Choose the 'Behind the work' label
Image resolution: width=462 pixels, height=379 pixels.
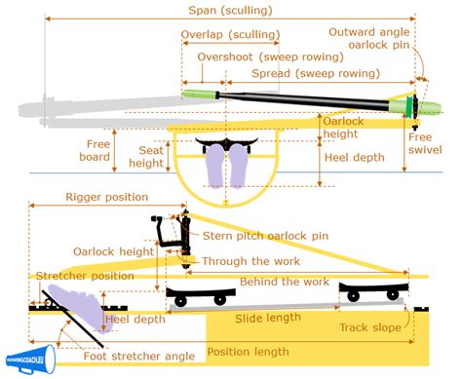pos(263,282)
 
